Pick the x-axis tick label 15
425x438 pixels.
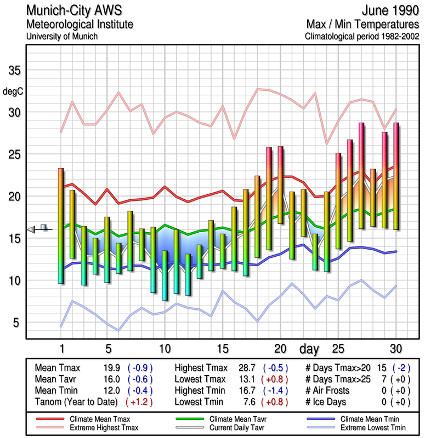click(222, 349)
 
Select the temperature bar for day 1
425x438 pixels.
click(60, 226)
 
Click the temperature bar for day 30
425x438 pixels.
click(396, 176)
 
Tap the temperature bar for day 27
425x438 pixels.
click(361, 175)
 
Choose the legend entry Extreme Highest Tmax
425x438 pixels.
click(104, 427)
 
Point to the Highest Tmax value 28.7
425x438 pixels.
click(249, 368)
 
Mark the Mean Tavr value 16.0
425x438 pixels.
click(110, 379)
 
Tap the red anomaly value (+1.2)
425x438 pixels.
click(140, 401)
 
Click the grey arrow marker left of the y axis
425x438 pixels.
click(31, 229)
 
